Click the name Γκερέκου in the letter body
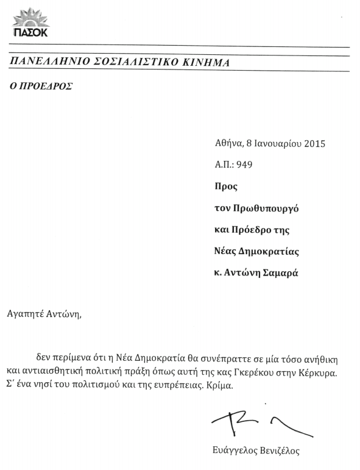[x=264, y=371]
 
